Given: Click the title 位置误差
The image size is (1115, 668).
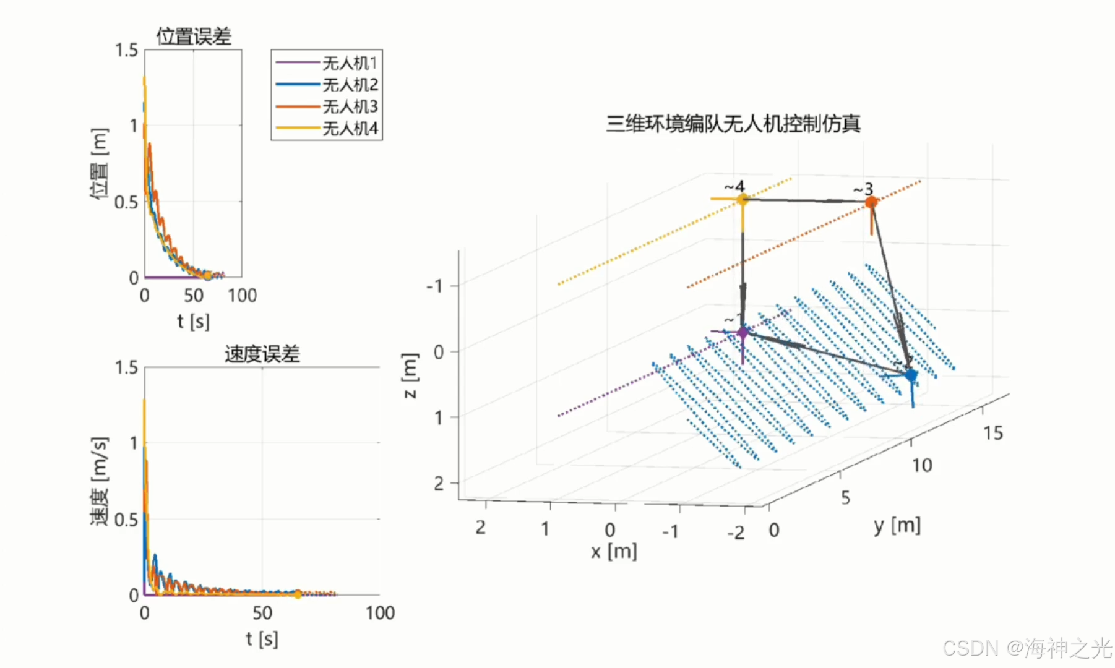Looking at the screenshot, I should tap(194, 36).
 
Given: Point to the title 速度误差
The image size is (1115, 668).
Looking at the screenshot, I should tap(262, 354).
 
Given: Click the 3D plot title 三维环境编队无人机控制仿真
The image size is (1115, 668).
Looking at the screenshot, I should tap(733, 124).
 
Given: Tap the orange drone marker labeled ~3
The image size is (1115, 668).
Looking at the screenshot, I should tap(871, 202).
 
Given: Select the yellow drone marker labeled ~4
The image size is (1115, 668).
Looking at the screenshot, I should tap(743, 199).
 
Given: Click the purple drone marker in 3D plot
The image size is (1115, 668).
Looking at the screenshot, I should tap(743, 333).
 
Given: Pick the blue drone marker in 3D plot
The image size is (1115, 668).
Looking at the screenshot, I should tap(911, 375).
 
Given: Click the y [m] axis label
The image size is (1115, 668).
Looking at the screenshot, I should tap(897, 526).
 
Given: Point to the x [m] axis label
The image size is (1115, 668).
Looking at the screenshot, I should tap(614, 551).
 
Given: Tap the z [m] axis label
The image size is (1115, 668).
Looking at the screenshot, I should tap(410, 376).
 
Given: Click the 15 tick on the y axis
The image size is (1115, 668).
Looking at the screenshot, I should tap(993, 433).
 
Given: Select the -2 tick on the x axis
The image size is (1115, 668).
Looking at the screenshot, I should tap(736, 533).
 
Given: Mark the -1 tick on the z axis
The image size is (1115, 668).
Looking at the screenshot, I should tap(434, 286).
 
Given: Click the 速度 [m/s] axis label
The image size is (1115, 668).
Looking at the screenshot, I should tap(99, 481).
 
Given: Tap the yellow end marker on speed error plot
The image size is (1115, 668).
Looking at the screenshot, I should tap(298, 594).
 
